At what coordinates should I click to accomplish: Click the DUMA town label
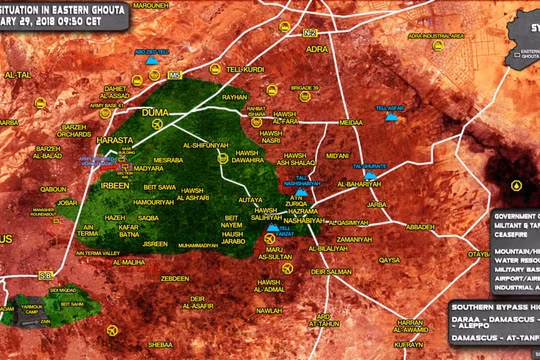click(158, 112)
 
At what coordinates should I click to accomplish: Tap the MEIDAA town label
click(352, 122)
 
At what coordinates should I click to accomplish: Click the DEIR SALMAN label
click(331, 271)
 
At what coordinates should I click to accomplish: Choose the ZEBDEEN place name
click(174, 278)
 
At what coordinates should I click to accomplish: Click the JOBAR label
click(67, 202)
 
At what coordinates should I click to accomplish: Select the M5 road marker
click(176, 73)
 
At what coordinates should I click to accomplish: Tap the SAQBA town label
click(148, 217)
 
